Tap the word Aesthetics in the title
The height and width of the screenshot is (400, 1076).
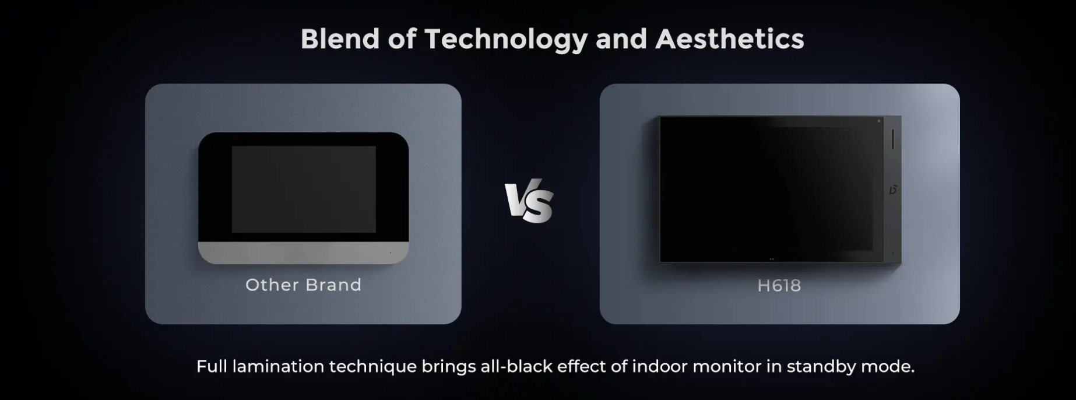click(x=730, y=39)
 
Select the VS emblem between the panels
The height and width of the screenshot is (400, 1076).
click(x=529, y=201)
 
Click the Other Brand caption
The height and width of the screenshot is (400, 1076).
click(x=304, y=285)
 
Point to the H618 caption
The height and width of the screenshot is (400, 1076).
click(x=779, y=286)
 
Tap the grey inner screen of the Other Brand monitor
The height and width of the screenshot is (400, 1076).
click(x=304, y=190)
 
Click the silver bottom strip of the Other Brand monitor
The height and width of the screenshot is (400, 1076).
click(x=304, y=252)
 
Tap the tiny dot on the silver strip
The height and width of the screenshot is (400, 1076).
click(x=390, y=252)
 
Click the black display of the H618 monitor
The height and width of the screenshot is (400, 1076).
click(x=772, y=190)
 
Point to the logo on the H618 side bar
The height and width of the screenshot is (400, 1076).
click(x=893, y=190)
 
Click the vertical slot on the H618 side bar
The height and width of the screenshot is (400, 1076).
click(x=893, y=139)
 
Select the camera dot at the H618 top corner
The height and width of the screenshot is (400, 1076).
click(x=879, y=121)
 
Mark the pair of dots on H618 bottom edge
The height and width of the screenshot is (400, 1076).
click(x=772, y=259)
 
